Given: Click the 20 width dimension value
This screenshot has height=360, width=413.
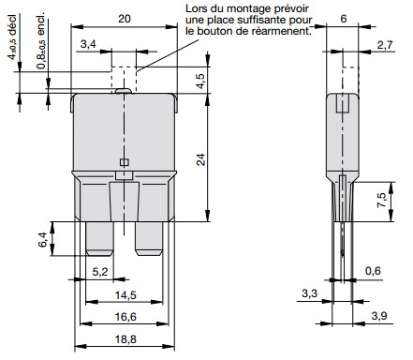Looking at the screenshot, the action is [x=125, y=19].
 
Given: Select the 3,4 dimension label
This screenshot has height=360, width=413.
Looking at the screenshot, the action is [x=88, y=44].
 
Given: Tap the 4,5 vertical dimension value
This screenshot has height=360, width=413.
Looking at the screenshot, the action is [x=201, y=81].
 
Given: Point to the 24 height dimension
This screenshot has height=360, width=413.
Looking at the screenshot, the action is [x=201, y=159].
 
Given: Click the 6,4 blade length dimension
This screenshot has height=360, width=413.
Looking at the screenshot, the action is [x=43, y=239].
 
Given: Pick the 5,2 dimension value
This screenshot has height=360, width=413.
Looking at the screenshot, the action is [x=100, y=272].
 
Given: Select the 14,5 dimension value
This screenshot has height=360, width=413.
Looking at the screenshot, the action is [x=125, y=294].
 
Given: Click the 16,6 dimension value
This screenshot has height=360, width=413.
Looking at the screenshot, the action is [x=125, y=317].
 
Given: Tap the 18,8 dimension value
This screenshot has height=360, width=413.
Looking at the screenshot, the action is [x=125, y=338].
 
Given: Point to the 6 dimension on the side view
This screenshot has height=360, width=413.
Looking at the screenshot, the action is [x=344, y=19].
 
